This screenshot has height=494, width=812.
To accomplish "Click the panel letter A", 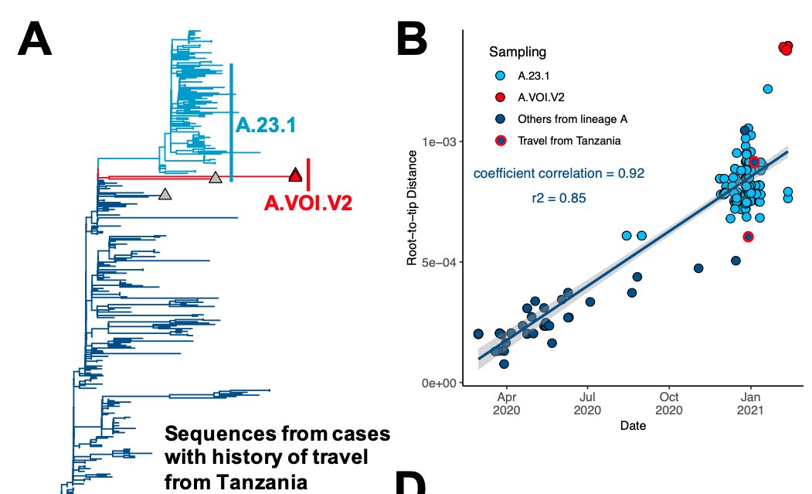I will [x=35, y=40].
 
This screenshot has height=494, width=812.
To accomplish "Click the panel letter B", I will [x=422, y=40].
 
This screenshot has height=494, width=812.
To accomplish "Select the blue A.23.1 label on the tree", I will [x=266, y=126].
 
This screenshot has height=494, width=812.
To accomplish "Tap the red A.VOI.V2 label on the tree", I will [x=308, y=203].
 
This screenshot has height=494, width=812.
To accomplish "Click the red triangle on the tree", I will [x=295, y=175].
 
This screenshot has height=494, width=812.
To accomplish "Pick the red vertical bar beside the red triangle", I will [x=308, y=174].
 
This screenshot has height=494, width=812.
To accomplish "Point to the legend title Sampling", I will [x=517, y=53].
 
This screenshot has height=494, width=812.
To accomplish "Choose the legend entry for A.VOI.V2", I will [x=541, y=97].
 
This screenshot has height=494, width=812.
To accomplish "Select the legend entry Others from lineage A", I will [x=572, y=119].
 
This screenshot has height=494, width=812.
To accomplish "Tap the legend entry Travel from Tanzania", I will [x=569, y=141].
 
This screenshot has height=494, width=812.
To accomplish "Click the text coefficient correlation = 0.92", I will [x=559, y=173].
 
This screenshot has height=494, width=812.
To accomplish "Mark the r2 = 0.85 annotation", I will [x=559, y=199].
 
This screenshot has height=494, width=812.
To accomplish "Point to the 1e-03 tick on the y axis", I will [x=439, y=141].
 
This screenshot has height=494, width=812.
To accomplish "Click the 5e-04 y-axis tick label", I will [x=439, y=262].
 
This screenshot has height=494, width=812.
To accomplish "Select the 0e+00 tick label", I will [x=439, y=383].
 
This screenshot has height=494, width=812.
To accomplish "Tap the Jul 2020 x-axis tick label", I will [x=588, y=404].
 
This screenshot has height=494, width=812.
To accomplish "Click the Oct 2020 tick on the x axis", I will [x=669, y=404].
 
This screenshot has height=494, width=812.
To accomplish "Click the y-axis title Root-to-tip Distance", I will [x=413, y=218].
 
